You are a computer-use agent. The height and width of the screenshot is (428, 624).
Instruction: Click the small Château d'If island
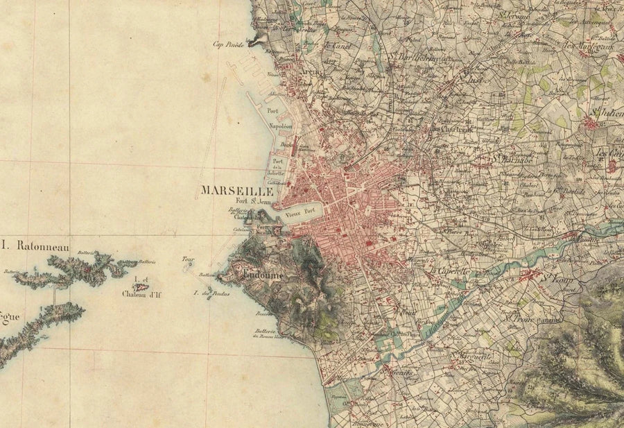click(141, 284)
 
